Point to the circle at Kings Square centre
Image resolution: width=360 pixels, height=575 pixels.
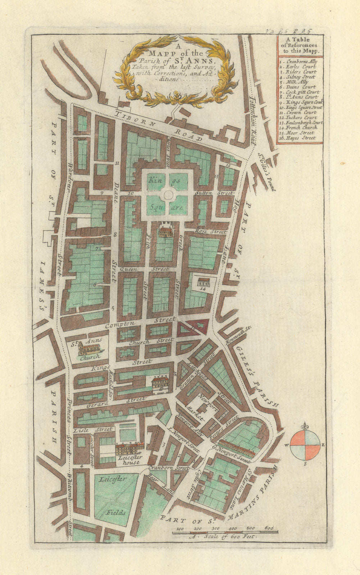pyautogui.click(x=167, y=194)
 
